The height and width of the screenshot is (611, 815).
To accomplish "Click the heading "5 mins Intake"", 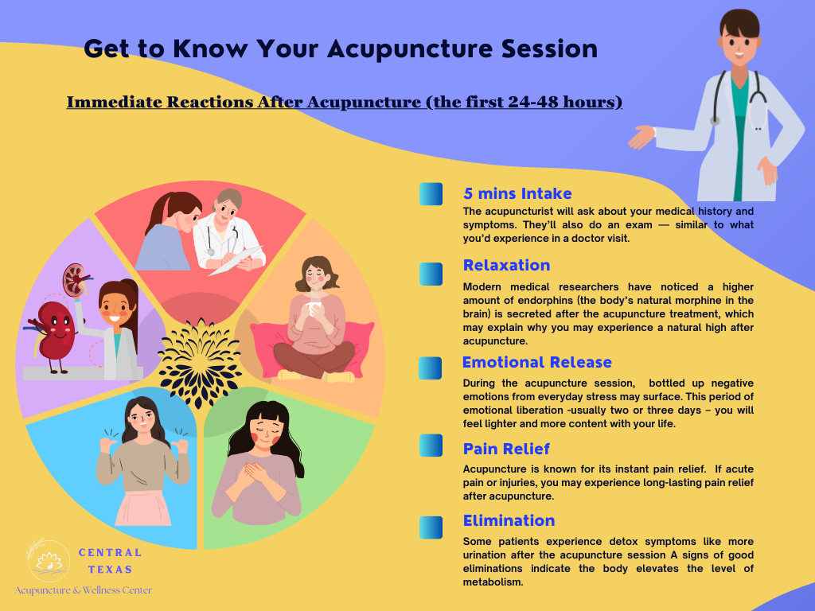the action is (x=517, y=194).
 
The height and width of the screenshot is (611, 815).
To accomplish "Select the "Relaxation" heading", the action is (x=507, y=266).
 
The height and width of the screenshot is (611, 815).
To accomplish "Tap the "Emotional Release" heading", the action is (x=537, y=362).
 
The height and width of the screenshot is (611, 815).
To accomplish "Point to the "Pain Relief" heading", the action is (x=506, y=449).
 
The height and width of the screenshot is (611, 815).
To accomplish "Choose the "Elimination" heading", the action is (x=509, y=520).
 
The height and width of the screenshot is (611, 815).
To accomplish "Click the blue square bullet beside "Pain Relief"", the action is (x=431, y=446).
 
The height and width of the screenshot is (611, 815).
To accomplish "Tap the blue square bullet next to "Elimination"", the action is (x=431, y=527).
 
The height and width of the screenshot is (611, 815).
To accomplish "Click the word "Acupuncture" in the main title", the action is (x=410, y=49).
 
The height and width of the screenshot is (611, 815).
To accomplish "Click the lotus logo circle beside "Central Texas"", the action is (x=49, y=561).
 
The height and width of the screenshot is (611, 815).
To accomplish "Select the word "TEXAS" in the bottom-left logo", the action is (x=110, y=570).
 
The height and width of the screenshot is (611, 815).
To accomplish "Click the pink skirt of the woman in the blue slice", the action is (x=142, y=508).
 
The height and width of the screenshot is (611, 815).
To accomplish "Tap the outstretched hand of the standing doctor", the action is (x=641, y=137).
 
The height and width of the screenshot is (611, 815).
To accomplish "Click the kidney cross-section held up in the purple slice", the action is (x=75, y=280).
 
